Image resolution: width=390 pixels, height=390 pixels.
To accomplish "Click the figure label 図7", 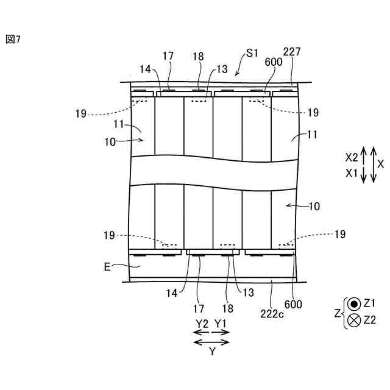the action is (x=13, y=40).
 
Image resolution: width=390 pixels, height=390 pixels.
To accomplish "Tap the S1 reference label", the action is (x=252, y=54).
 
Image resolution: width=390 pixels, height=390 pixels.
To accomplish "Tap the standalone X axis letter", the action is (x=380, y=165).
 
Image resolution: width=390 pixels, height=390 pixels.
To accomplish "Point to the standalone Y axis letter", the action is (x=211, y=352).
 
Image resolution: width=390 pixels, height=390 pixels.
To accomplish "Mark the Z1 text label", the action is (x=369, y=303).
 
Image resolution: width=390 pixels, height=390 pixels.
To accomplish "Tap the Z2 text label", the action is (x=369, y=321).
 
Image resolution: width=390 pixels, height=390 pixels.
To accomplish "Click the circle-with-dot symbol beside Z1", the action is (x=354, y=303).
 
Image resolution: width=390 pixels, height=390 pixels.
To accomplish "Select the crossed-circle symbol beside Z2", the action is (x=354, y=321).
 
